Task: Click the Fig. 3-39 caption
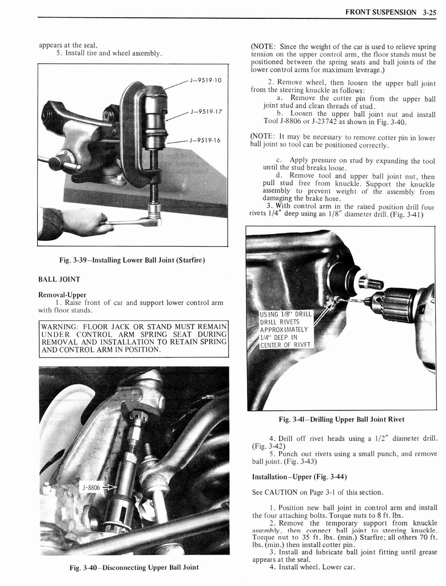(132, 260)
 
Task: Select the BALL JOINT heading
(59, 279)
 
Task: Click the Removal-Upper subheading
(62, 295)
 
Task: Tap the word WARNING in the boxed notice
(62, 327)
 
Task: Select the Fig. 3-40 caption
(133, 568)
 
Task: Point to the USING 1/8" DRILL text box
(286, 329)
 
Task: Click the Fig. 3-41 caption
(341, 419)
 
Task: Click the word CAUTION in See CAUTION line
(283, 492)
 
